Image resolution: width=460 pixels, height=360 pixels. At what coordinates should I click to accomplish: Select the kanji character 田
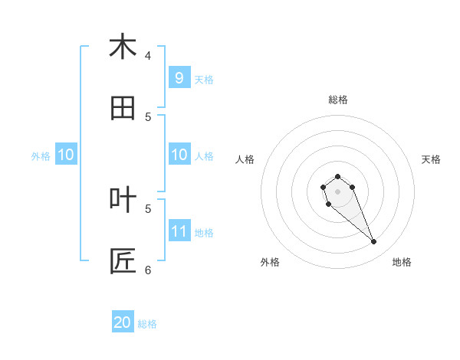coord(123,108)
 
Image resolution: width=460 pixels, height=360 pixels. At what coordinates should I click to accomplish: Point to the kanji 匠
coord(123,261)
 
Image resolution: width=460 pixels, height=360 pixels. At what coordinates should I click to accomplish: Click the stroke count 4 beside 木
coord(148,55)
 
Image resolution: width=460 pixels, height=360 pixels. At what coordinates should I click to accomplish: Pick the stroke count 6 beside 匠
coord(148,270)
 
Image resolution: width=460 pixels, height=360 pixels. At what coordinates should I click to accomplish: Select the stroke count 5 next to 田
coord(148,116)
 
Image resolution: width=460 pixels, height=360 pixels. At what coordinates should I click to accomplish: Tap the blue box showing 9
coord(179,78)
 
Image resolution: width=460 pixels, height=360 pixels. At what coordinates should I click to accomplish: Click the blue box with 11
coord(179,231)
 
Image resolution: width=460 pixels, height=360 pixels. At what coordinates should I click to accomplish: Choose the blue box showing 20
coord(123,322)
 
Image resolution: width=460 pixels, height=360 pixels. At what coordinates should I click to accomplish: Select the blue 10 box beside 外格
coord(66,155)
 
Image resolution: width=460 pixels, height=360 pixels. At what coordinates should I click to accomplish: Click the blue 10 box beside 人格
coord(179,155)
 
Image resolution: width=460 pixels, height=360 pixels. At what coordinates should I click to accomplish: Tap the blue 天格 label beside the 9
coord(204,79)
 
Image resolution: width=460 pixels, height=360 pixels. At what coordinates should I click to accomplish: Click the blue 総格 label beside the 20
coord(147,324)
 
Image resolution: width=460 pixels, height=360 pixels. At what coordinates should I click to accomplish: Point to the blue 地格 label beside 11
coord(204,232)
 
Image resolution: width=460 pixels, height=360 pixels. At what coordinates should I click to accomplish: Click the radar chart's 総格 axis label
coord(337,100)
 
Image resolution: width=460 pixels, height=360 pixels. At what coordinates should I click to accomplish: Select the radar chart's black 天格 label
coord(431,159)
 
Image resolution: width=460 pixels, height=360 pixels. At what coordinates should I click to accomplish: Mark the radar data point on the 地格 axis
coord(374,242)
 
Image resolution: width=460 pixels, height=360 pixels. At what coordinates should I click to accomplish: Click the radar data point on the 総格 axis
coord(337,176)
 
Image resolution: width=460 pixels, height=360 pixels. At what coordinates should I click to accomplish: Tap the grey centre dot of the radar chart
coord(337,191)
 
